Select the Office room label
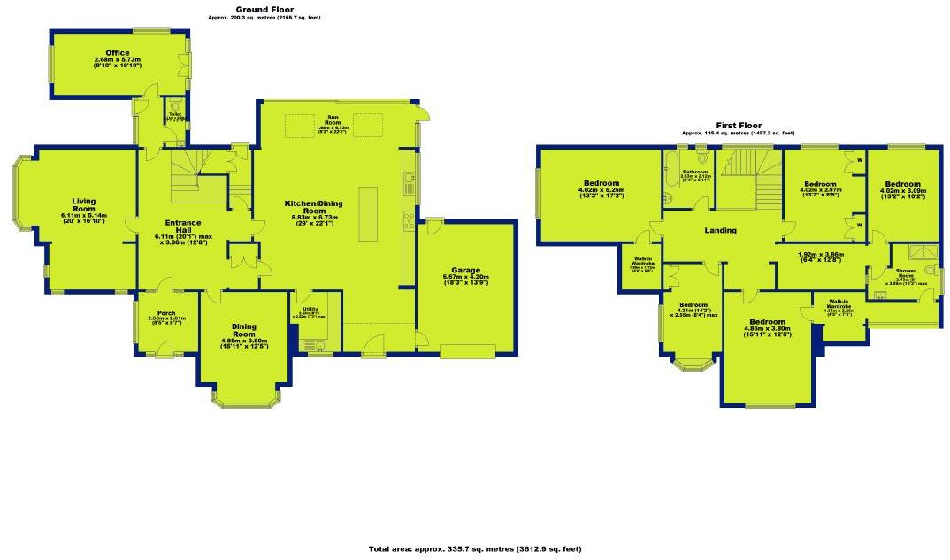pos(118,53)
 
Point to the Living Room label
pos(84,204)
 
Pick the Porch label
pos(165,312)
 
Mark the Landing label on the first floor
pos(720,231)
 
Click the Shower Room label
pos(905,271)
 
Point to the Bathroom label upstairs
pos(695,172)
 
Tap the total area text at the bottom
pos(475,549)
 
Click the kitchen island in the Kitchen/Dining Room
pos(367,213)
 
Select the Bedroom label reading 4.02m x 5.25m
pos(601,185)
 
